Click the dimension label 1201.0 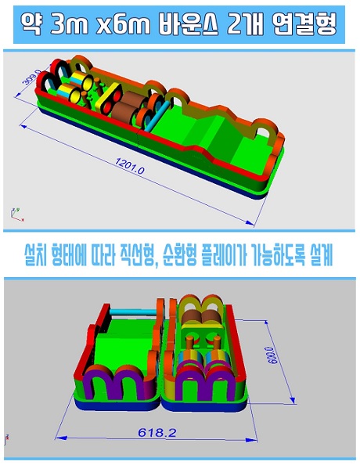point(130,165)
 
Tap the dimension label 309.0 point(31,77)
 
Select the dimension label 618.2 point(157,433)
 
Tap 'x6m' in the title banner point(123,24)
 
